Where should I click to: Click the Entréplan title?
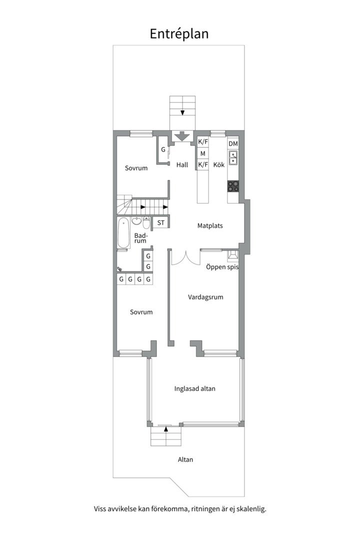179,34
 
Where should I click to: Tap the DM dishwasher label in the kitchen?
233,143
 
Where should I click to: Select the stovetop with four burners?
233,186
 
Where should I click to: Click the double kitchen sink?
233,157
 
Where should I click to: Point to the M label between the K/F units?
202,153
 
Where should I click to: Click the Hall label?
182,165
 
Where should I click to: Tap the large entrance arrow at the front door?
182,136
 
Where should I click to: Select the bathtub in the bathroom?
123,232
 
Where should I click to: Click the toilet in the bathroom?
146,223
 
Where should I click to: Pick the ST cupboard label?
161,223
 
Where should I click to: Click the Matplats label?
210,226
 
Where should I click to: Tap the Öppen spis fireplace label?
222,267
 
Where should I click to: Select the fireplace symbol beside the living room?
233,255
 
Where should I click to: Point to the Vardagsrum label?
205,297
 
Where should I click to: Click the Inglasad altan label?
195,389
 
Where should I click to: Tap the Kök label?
219,165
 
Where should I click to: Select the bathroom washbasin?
137,220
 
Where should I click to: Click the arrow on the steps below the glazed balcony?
165,429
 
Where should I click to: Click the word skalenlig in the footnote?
251,509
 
